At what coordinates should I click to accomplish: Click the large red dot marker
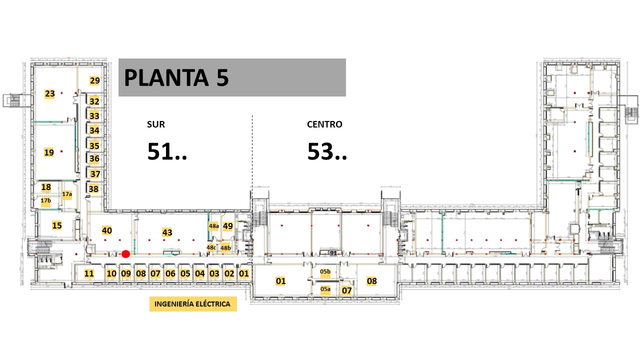click(x=125, y=254)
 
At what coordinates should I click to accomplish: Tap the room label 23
click(x=49, y=93)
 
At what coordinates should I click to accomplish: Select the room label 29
click(x=95, y=80)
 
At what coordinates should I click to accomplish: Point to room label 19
click(x=49, y=152)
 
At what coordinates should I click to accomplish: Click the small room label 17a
click(x=67, y=194)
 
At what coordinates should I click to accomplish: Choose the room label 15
click(x=57, y=225)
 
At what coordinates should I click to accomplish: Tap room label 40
click(x=107, y=230)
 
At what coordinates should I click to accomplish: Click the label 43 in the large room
click(x=167, y=232)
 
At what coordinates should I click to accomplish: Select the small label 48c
click(x=211, y=247)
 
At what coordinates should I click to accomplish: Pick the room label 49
click(x=227, y=226)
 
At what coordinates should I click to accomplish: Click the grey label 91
click(x=333, y=253)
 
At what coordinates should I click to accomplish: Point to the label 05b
click(x=325, y=271)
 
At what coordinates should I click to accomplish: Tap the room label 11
click(x=89, y=273)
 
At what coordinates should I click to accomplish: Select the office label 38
click(x=93, y=189)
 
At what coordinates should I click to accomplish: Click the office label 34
click(x=94, y=130)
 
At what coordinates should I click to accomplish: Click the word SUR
click(x=155, y=124)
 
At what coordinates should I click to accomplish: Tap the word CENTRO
click(x=324, y=124)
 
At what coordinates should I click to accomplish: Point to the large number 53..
click(x=320, y=151)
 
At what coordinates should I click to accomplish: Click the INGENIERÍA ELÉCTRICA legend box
click(x=193, y=304)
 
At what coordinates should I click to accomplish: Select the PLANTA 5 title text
click(x=176, y=77)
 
